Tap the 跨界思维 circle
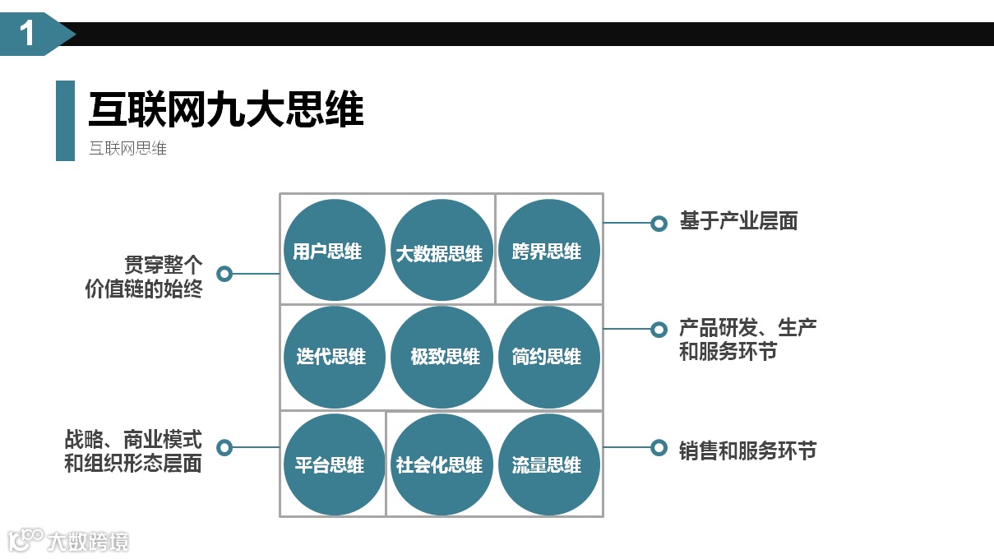click(548, 250)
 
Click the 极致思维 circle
click(441, 357)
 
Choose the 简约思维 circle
click(548, 357)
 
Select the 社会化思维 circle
click(441, 464)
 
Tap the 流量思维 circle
click(548, 464)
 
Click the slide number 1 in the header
click(28, 35)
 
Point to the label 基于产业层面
click(738, 221)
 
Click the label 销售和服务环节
click(747, 450)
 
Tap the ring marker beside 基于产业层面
click(659, 224)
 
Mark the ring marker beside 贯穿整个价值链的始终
click(224, 274)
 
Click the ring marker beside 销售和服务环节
click(659, 448)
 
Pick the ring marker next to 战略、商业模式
click(224, 448)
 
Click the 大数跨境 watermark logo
click(69, 541)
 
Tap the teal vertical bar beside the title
click(65, 120)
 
